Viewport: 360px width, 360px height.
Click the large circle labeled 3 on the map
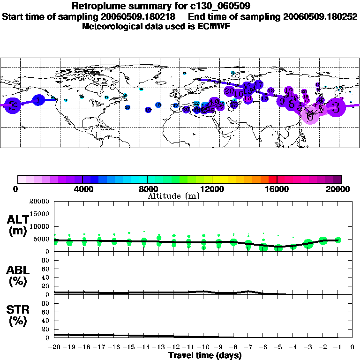[336, 107]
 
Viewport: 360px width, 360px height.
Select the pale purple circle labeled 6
[310, 114]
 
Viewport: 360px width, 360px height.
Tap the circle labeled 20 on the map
[230, 91]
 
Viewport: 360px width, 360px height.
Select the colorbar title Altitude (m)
[173, 195]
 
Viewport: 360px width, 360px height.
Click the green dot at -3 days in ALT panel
[308, 244]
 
